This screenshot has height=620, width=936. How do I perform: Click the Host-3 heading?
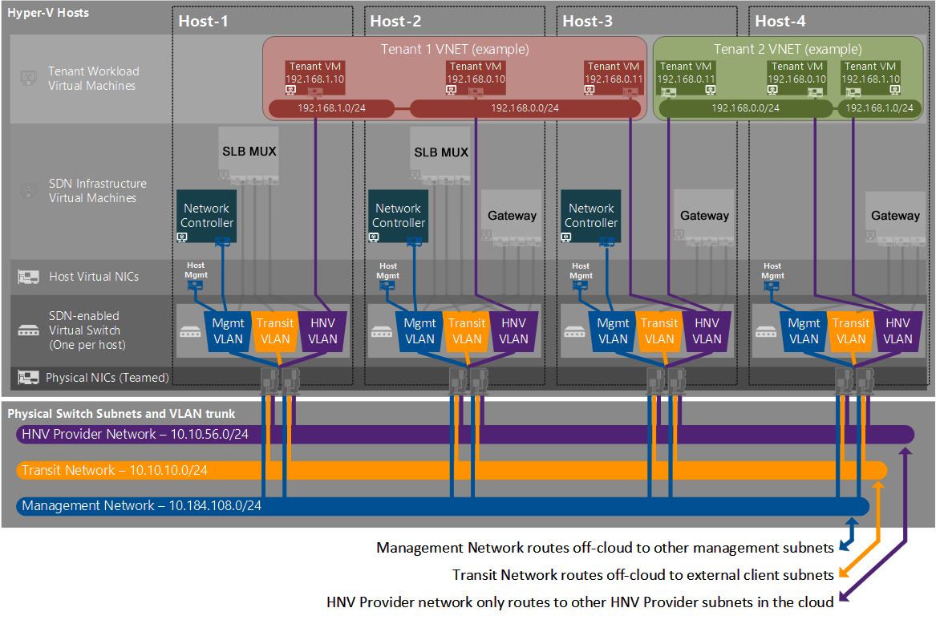(587, 22)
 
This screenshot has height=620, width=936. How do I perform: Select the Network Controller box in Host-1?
(207, 216)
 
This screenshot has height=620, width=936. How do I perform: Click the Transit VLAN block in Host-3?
(659, 331)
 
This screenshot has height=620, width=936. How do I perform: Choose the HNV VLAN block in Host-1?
(322, 331)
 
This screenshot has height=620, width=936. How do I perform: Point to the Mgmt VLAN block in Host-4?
(804, 331)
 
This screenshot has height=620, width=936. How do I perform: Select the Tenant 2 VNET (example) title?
(788, 49)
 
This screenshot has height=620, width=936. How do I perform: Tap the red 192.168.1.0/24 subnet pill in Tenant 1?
(331, 108)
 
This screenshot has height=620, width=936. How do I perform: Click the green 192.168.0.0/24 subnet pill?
(745, 108)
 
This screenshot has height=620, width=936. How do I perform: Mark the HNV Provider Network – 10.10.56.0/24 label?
(135, 435)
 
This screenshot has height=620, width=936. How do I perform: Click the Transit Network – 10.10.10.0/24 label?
(115, 470)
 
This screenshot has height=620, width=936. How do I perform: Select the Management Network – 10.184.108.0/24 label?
(141, 505)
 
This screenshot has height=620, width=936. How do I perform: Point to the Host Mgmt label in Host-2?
(387, 271)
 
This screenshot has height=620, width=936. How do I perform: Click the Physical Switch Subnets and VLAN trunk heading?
(121, 414)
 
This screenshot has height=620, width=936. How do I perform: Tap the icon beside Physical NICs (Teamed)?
(28, 377)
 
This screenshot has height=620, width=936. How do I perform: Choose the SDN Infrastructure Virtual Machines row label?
(97, 191)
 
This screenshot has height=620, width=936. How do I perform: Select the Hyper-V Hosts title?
(48, 13)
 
